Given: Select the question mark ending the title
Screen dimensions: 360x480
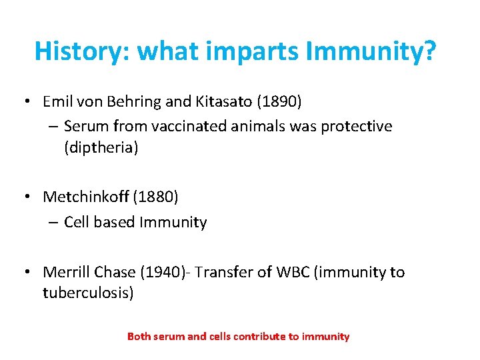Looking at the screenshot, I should (429, 51).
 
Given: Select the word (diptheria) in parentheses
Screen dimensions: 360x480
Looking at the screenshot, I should (101, 147).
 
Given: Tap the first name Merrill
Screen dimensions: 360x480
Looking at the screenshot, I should (67, 272).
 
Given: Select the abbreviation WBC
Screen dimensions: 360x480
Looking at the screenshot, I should (283, 272).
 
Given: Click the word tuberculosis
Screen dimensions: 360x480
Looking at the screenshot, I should (88, 293).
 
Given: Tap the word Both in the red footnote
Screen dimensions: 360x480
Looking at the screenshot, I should (139, 337).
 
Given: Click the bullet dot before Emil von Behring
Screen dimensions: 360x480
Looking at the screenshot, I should (27, 103).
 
